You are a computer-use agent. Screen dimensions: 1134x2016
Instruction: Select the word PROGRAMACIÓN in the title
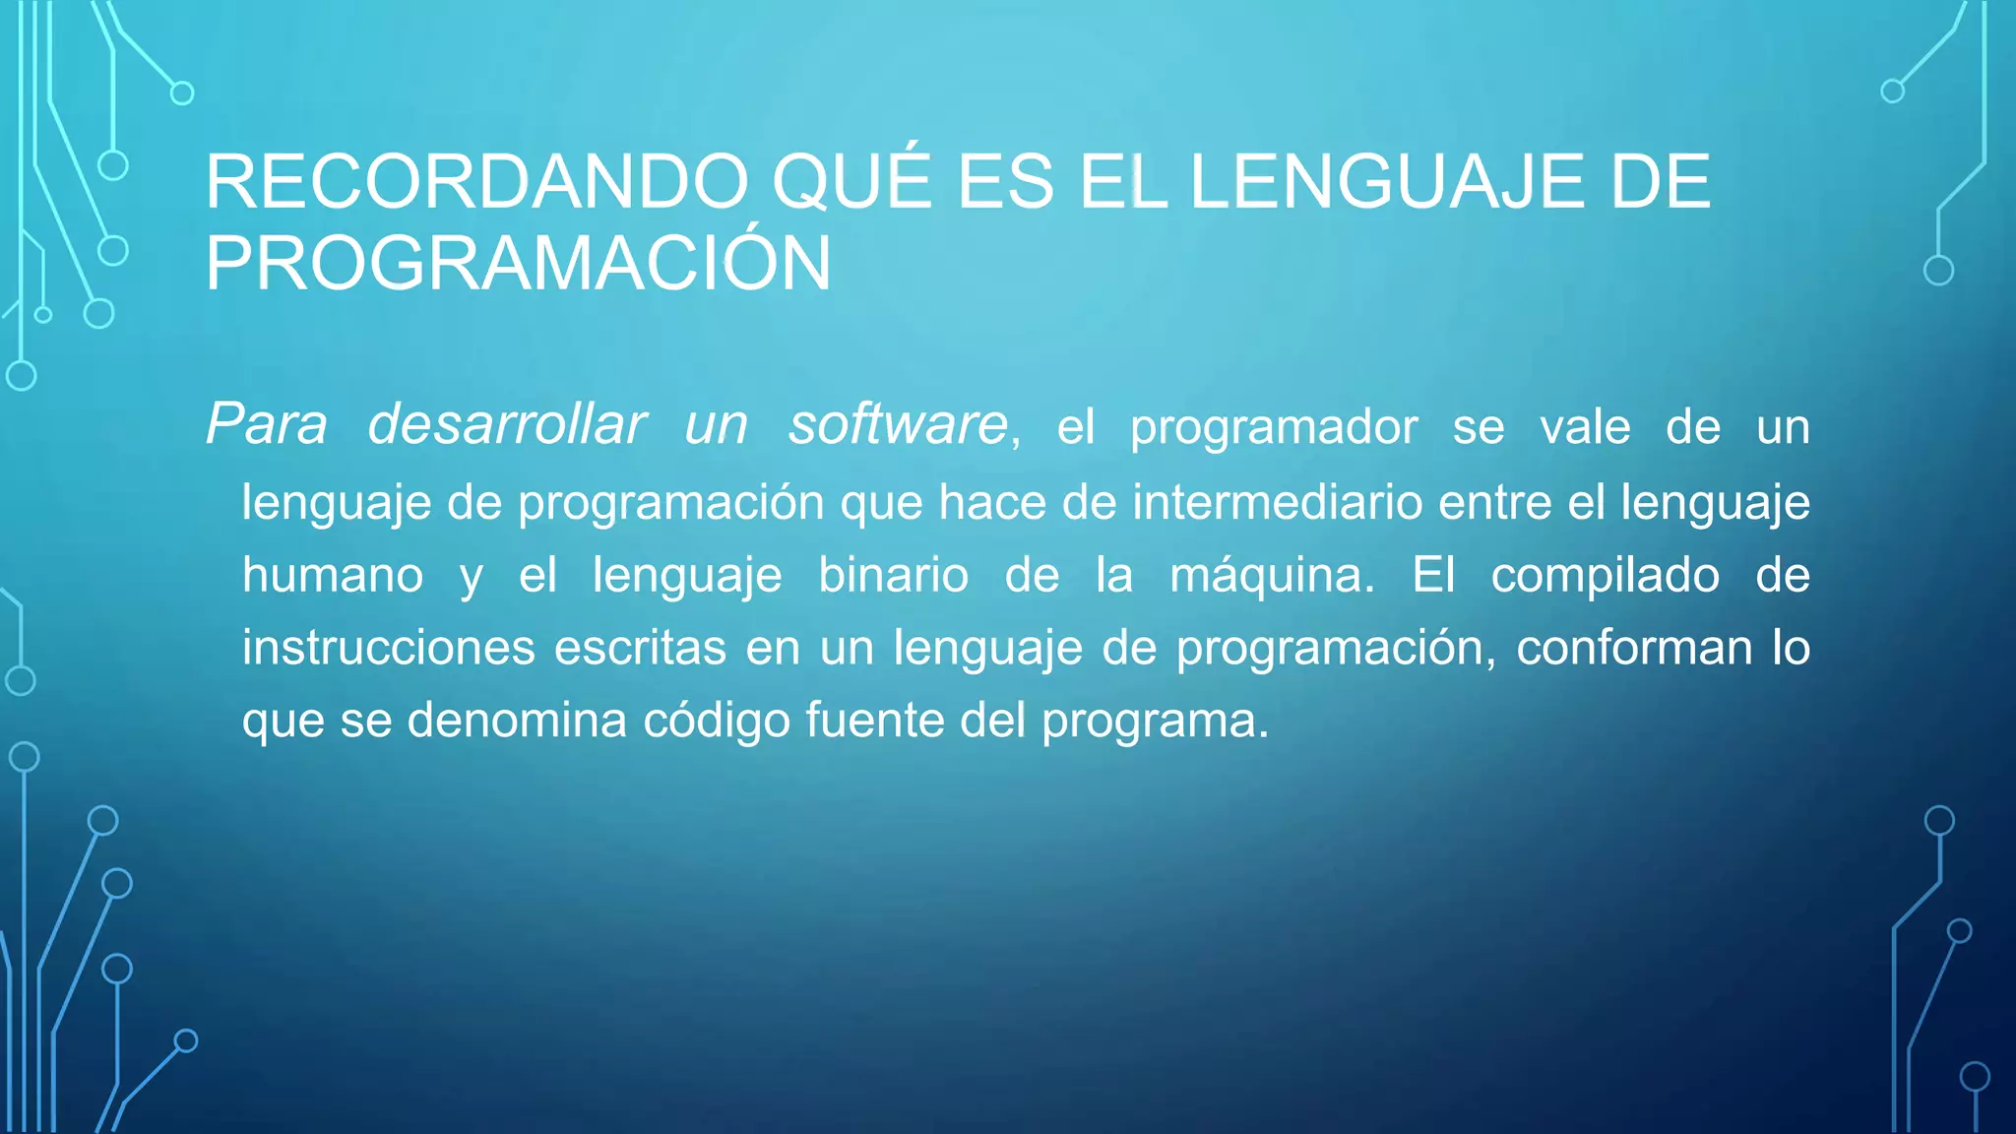click(518, 264)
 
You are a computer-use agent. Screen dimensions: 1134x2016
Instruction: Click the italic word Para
click(266, 425)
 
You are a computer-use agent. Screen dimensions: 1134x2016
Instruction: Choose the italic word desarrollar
click(506, 425)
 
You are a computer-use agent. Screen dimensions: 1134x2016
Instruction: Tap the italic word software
click(898, 425)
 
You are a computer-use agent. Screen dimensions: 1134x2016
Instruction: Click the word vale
click(1585, 427)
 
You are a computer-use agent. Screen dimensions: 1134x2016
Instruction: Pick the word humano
click(333, 575)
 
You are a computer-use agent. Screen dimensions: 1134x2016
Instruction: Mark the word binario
click(893, 575)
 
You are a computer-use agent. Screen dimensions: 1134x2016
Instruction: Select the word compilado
click(1605, 575)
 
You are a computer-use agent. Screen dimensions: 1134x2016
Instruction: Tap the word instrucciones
click(389, 648)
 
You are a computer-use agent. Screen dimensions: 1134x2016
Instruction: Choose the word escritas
click(640, 648)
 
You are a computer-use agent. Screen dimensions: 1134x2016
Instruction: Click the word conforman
click(1634, 648)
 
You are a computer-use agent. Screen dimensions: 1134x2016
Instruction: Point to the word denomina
click(517, 720)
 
